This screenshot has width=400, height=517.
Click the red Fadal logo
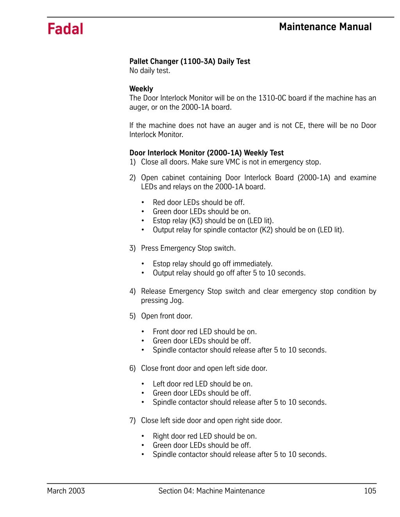[65, 29]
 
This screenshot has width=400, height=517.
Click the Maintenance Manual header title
[325, 27]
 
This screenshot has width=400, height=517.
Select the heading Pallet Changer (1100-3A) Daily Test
[189, 61]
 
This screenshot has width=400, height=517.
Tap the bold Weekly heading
[141, 89]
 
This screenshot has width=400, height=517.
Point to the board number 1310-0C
[272, 98]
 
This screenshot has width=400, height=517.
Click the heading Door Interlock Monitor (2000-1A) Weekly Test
[206, 153]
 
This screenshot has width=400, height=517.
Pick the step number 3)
[132, 248]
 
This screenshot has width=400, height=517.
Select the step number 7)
[132, 420]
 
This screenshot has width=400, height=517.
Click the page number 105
[370, 491]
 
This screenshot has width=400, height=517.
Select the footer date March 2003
[66, 491]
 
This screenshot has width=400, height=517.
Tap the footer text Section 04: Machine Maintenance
[211, 491]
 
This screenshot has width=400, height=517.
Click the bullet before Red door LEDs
[143, 203]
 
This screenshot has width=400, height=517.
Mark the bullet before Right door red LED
[143, 436]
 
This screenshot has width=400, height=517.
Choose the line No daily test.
[150, 71]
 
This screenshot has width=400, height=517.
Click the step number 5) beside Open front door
[132, 316]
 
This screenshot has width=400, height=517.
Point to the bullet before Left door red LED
[143, 384]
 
